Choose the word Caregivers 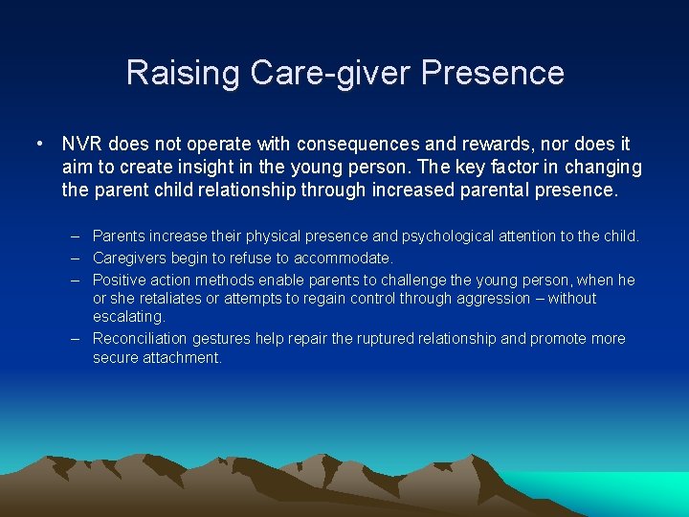pos(131,258)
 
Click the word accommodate pos(344,258)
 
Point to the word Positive pos(119,280)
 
